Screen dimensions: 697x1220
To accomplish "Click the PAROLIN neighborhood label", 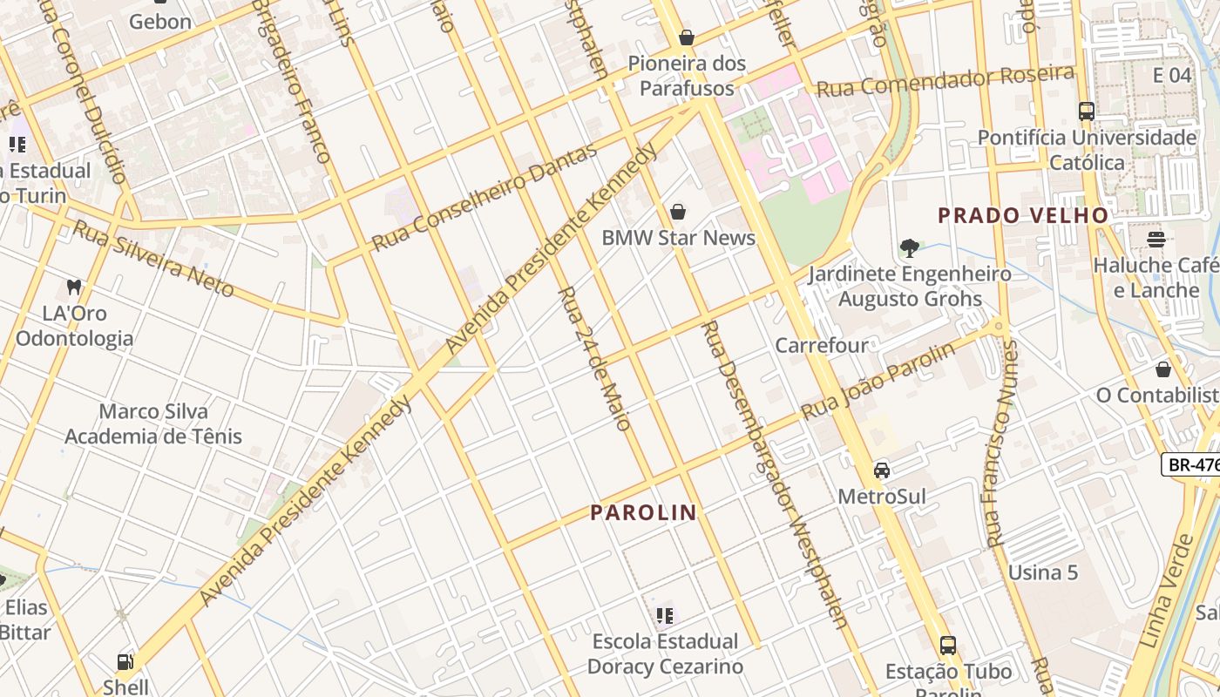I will [644, 513].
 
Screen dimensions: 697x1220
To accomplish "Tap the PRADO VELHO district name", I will [1023, 215].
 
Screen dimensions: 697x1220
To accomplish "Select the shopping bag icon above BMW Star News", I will [678, 212].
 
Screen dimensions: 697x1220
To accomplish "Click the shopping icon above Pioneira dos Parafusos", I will [687, 37].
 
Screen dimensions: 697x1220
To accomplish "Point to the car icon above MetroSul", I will [882, 470].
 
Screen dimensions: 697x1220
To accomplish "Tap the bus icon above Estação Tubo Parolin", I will [948, 646].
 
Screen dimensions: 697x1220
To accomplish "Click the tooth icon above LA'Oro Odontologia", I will [74, 287].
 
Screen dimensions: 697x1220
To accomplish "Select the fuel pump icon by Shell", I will [125, 661].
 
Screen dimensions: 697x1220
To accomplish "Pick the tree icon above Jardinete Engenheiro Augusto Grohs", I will [910, 248].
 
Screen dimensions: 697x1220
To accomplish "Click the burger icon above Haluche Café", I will [1156, 239].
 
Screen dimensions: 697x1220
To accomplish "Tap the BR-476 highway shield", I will [1192, 464].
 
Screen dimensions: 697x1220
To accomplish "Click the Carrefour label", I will [822, 345].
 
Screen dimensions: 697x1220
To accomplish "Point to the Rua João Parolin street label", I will [878, 381].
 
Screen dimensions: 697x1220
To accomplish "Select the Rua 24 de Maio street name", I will [593, 358].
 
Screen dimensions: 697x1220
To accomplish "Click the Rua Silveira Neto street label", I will [153, 258].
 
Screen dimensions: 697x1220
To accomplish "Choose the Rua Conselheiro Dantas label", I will [485, 196].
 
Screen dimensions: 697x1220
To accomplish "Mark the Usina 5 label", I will [1043, 572].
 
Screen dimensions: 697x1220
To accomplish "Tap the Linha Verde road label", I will [1165, 592].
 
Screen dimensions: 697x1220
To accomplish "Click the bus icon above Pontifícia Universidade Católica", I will [1087, 112].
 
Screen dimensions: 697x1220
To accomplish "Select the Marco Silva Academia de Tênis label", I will [153, 423].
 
